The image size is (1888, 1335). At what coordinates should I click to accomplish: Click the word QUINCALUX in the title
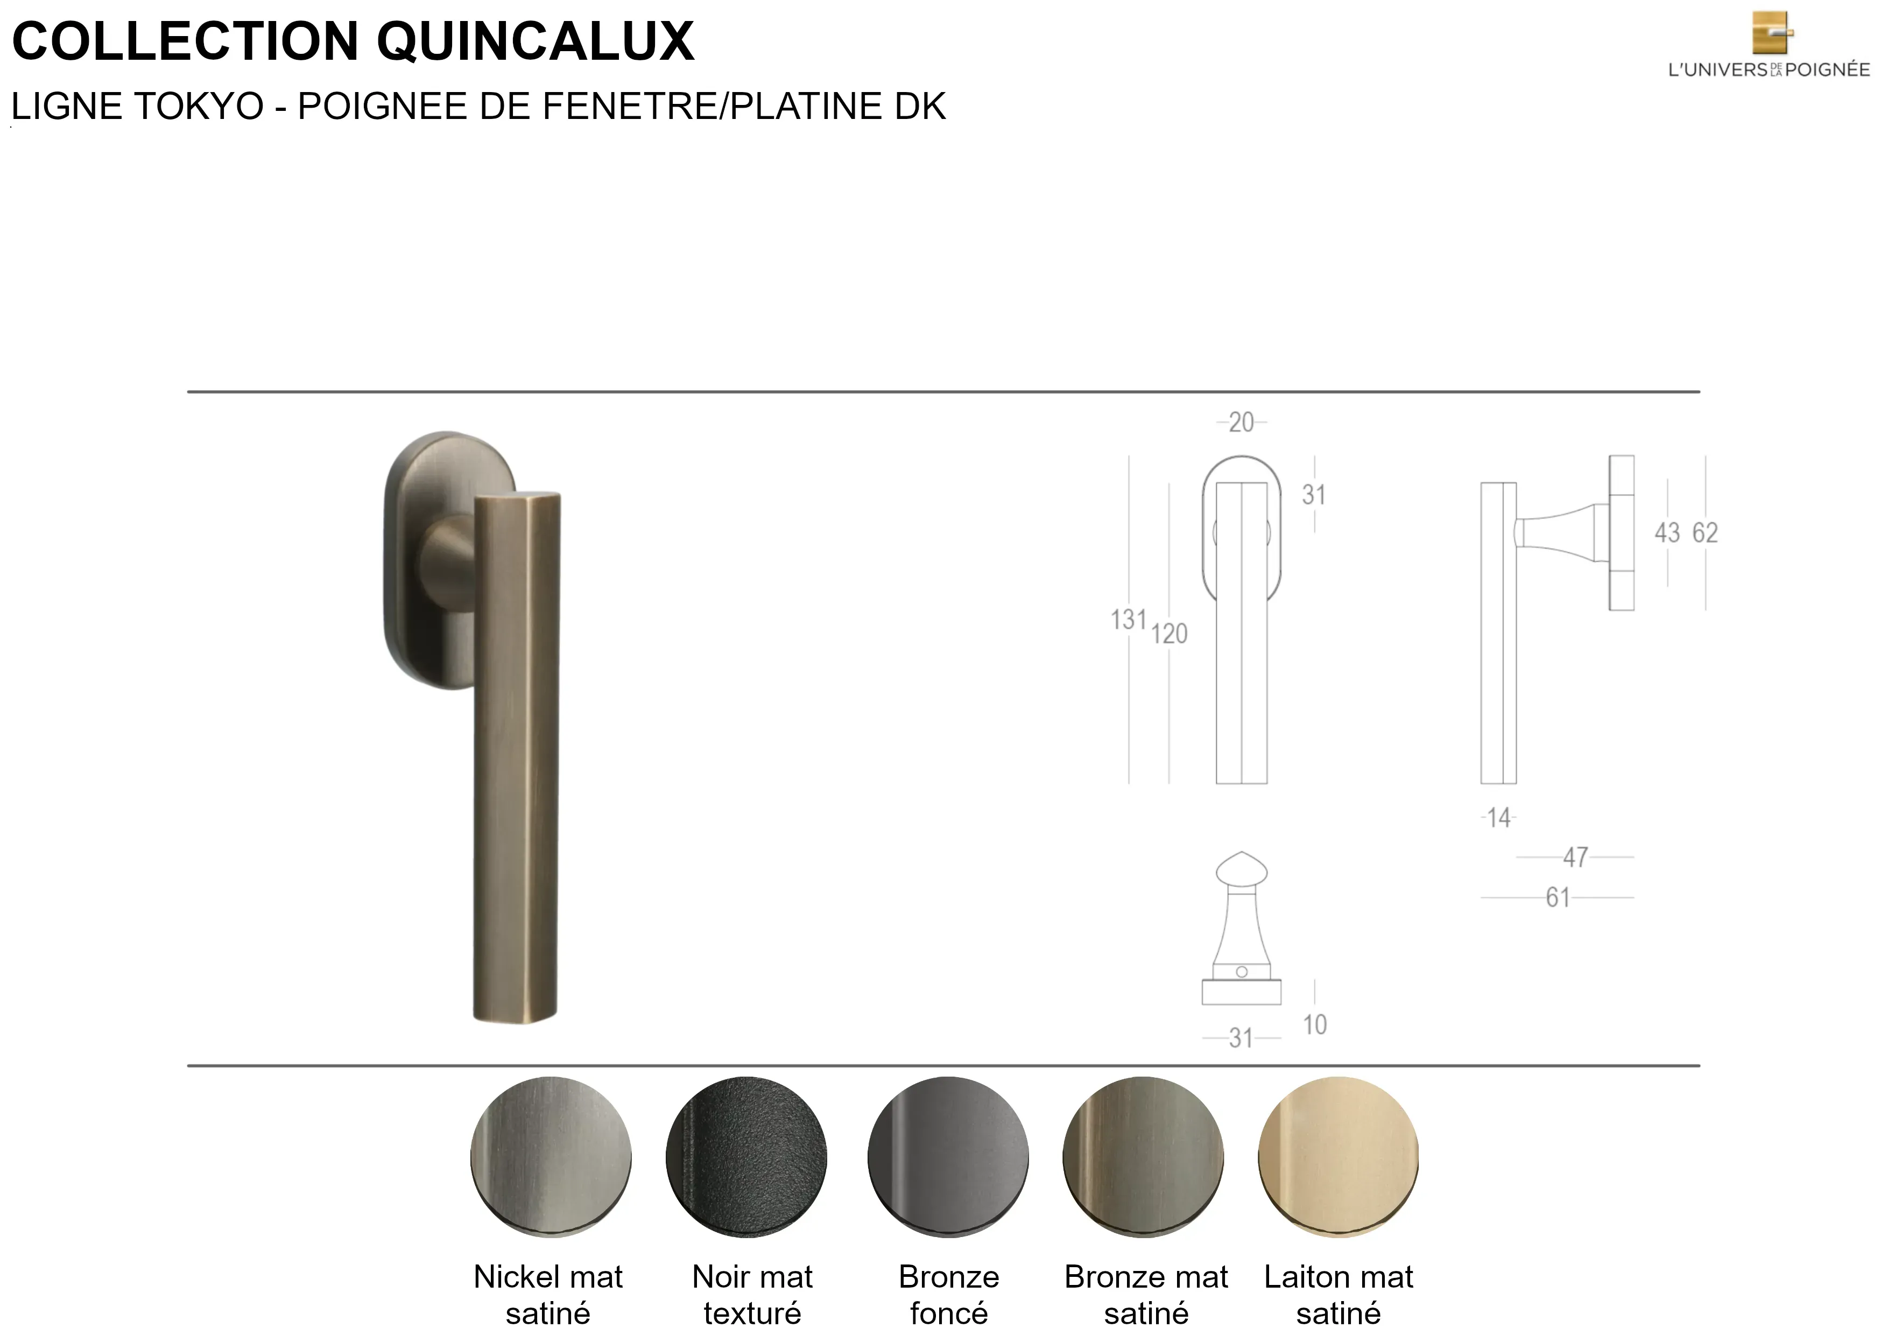(536, 41)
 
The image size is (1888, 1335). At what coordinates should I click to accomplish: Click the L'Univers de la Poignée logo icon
(1772, 33)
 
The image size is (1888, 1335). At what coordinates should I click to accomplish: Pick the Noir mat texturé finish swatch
(746, 1156)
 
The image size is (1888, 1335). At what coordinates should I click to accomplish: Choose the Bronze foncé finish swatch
(948, 1156)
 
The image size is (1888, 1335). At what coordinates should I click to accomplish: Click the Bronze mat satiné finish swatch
(1143, 1156)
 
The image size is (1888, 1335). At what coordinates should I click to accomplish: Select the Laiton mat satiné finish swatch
(1338, 1156)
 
